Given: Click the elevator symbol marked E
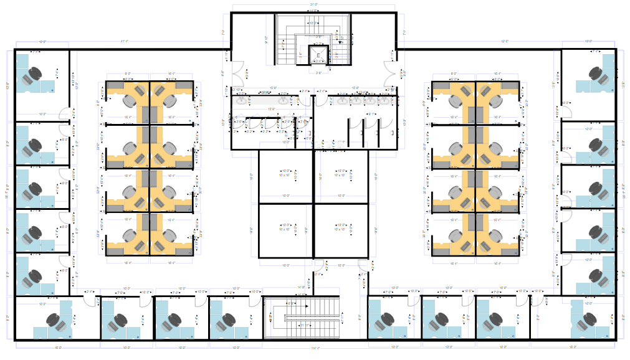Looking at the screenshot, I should click(x=318, y=55).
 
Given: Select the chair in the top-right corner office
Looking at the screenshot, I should click(x=599, y=75).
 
